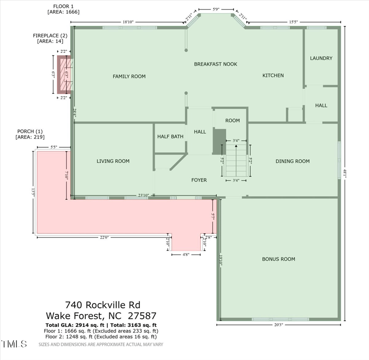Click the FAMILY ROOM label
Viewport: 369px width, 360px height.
129,76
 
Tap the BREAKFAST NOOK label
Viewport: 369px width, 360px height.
215,64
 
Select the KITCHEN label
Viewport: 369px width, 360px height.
273,75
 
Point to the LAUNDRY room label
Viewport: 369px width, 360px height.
321,58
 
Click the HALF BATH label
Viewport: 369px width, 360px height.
170,137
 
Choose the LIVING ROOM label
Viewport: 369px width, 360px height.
113,161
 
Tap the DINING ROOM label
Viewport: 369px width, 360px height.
292,161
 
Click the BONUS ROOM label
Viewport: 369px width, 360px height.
278,259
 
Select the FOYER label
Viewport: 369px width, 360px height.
199,180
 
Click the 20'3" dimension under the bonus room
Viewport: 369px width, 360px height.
279,324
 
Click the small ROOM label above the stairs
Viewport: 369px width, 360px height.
232,120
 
